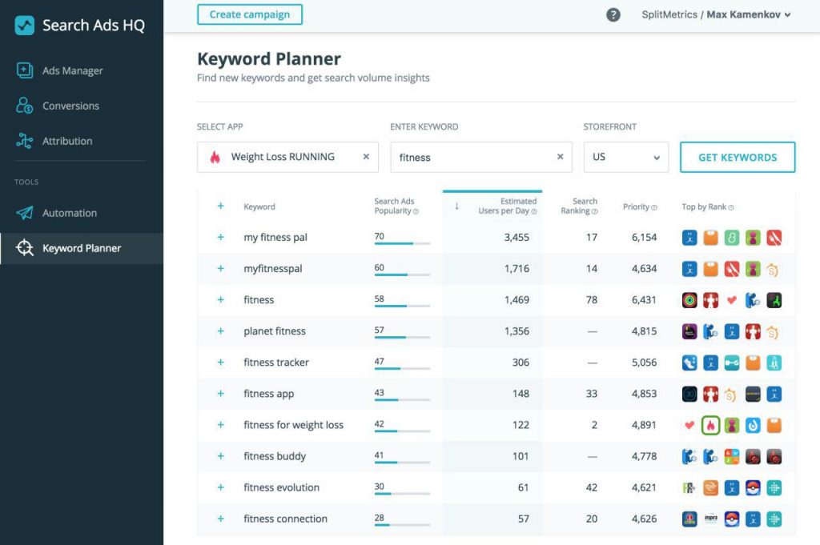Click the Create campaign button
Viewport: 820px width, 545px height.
pos(249,14)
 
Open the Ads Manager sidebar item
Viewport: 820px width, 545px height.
pos(72,70)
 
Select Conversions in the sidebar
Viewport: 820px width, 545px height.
pos(70,106)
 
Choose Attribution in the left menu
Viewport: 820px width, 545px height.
pos(67,141)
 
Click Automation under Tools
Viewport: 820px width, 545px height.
pos(69,213)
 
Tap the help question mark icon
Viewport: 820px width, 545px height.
pos(613,14)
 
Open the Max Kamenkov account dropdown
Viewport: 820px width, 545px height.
pos(748,14)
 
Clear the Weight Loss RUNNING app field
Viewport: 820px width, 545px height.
pos(366,157)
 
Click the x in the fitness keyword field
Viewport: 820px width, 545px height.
pos(560,157)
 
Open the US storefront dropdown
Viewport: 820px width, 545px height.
pos(625,157)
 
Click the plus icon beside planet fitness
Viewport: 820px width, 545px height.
pos(220,331)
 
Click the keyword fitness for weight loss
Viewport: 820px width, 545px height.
pos(293,425)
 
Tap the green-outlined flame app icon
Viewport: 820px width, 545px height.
pos(710,425)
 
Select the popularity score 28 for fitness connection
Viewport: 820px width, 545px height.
pos(380,518)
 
